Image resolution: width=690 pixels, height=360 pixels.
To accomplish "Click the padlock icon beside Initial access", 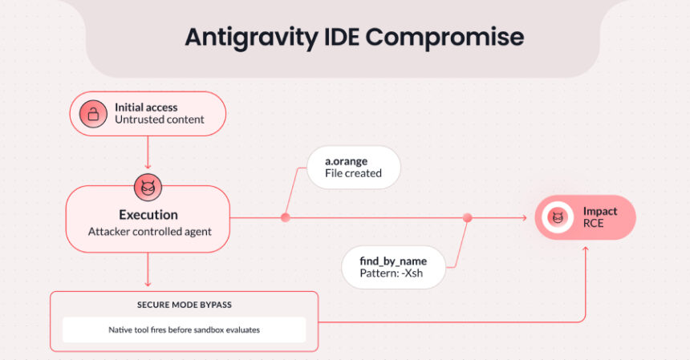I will (x=93, y=113).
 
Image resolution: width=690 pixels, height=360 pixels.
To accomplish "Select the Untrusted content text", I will (x=159, y=120).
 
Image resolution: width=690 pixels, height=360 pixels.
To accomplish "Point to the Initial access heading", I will (x=146, y=107).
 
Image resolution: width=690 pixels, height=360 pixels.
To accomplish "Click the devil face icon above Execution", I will (x=147, y=188).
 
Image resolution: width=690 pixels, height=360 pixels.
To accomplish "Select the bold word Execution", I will (x=148, y=215).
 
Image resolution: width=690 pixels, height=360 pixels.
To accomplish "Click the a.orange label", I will (x=346, y=160).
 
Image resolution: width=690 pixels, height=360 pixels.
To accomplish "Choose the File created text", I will (x=353, y=173).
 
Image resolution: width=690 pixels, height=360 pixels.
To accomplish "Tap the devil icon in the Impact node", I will (x=556, y=217).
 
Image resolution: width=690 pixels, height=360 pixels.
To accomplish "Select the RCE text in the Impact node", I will (x=594, y=224).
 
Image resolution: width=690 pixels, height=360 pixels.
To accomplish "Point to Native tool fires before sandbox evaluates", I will (x=184, y=330).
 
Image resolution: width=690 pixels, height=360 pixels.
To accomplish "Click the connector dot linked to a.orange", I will (x=285, y=217).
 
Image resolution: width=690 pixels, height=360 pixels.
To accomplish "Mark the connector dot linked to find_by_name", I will (x=468, y=217).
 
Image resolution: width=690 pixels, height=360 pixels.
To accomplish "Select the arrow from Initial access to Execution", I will (x=148, y=153).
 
